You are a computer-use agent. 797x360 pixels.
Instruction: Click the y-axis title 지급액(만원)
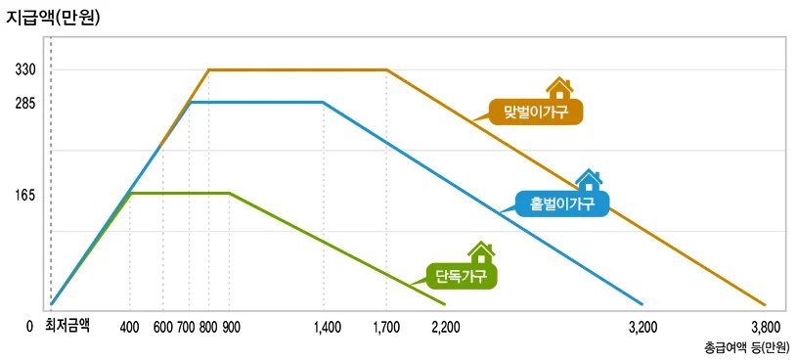(54, 17)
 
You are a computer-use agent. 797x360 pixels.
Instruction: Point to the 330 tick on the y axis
(25, 70)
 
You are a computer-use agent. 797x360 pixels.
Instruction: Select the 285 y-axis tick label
(25, 102)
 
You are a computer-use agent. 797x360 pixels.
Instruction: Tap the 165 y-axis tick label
(25, 195)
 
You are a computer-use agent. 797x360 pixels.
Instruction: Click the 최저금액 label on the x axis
(67, 327)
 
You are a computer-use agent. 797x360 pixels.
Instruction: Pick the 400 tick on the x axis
(130, 328)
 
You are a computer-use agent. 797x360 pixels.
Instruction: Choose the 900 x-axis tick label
(231, 328)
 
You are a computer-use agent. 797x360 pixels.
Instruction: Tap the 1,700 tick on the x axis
(386, 328)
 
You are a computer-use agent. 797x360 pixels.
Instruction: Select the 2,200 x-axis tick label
(445, 328)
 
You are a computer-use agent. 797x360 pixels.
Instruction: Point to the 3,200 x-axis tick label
(642, 328)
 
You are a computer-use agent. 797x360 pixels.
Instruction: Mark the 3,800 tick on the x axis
(766, 328)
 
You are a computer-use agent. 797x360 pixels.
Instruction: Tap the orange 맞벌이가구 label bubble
(536, 111)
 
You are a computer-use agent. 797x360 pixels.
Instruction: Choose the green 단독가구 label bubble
(462, 276)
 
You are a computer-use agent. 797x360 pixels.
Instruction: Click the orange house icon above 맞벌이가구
(559, 88)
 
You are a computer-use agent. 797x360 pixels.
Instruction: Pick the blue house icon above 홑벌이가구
(589, 180)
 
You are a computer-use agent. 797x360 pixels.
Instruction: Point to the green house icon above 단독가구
(480, 253)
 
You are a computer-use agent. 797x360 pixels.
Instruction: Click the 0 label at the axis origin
(30, 328)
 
